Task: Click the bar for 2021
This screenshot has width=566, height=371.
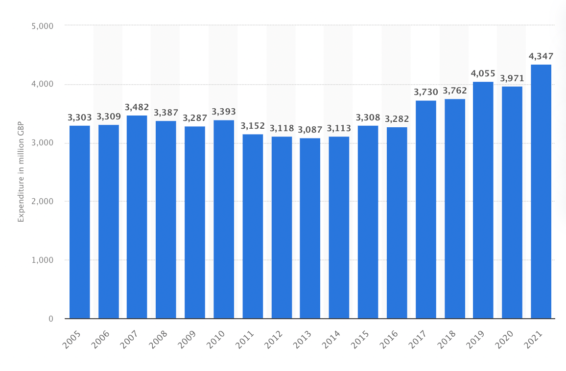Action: (541, 191)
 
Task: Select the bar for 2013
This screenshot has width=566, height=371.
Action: (310, 228)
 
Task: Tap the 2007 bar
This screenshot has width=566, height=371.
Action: (137, 217)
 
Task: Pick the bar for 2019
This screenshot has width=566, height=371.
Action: (483, 200)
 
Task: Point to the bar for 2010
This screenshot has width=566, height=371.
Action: (224, 219)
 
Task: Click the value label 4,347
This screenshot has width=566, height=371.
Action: (541, 56)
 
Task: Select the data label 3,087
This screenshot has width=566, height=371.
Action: (310, 130)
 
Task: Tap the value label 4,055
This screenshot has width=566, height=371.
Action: (483, 73)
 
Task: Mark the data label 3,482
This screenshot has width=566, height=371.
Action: (137, 107)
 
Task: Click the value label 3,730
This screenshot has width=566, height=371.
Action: (425, 92)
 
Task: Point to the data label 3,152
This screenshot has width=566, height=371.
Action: (253, 126)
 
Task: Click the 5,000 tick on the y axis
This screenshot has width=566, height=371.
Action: (42, 25)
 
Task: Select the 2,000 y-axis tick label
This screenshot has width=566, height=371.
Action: (42, 201)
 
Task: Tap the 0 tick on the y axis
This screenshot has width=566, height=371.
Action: (51, 319)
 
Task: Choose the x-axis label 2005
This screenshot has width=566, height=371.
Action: (72, 339)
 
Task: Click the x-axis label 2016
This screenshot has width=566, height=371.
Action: (389, 339)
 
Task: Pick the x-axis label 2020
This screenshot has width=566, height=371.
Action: (504, 339)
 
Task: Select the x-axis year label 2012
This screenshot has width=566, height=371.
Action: (274, 339)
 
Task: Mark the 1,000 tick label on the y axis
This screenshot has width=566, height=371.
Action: (42, 260)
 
